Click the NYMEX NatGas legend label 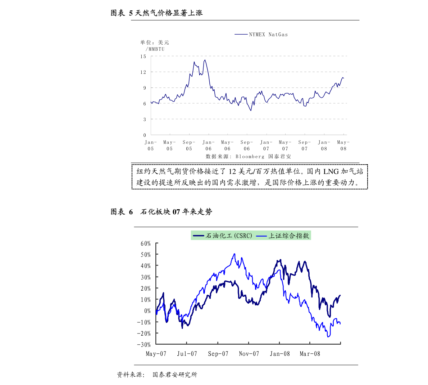(268, 35)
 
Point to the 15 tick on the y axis (144, 56)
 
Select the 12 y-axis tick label (144, 72)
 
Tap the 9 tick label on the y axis (145, 88)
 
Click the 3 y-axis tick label (145, 119)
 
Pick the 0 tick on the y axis (145, 135)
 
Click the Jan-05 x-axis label (151, 146)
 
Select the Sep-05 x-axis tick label (189, 146)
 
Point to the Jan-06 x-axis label (209, 146)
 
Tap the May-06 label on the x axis (227, 146)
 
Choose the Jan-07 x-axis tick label (266, 146)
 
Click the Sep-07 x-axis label (305, 146)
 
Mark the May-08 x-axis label (343, 146)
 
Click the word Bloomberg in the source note (250, 157)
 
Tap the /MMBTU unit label (155, 49)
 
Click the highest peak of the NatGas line (205, 60)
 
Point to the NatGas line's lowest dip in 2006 (251, 111)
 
